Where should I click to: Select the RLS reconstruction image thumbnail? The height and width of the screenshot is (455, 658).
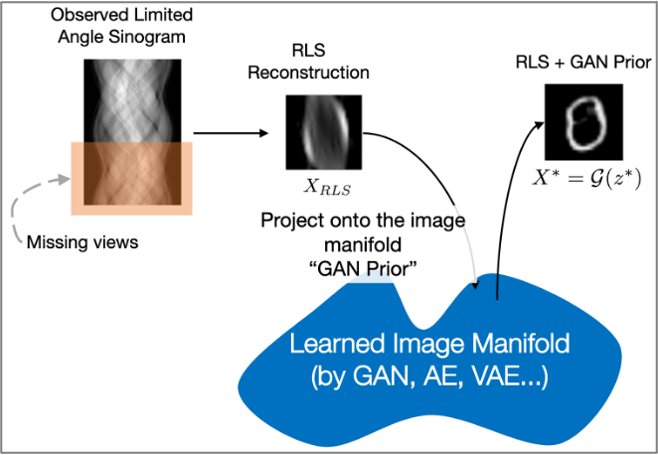322,132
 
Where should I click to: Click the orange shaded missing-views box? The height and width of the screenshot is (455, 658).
129,178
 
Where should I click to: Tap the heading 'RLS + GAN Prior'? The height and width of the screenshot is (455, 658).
582,64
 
